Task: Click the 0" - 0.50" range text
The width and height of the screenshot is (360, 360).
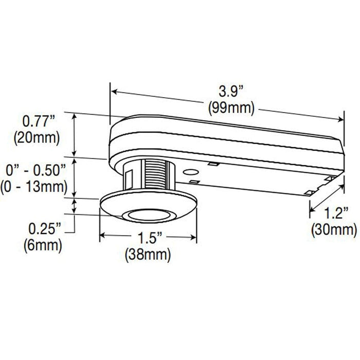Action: [34, 169]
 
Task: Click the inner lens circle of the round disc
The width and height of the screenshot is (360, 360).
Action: [148, 215]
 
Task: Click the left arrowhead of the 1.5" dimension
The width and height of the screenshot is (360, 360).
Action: [102, 236]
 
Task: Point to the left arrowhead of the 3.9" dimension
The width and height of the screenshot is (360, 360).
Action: [115, 92]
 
